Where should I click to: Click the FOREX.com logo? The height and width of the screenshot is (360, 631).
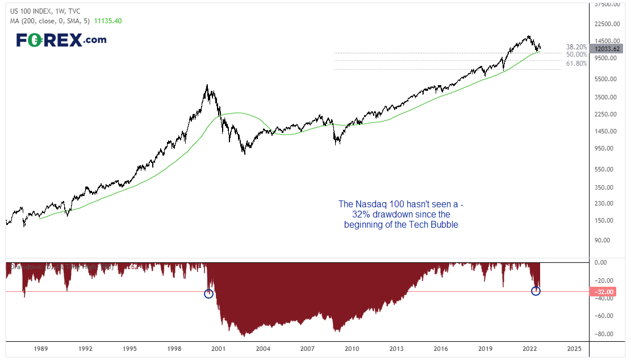pyautogui.click(x=61, y=40)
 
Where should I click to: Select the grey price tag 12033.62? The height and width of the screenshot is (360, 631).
pyautogui.click(x=605, y=49)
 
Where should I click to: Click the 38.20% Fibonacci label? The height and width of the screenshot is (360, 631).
pyautogui.click(x=576, y=47)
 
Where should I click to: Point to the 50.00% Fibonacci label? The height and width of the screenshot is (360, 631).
pyautogui.click(x=576, y=55)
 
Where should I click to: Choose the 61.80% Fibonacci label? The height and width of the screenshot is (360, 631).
pyautogui.click(x=576, y=64)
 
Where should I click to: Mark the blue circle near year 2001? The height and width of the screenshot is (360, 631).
pyautogui.click(x=208, y=294)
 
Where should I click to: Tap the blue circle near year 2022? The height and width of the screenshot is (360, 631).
pyautogui.click(x=536, y=291)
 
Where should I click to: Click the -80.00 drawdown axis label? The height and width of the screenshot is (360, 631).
pyautogui.click(x=603, y=333)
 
